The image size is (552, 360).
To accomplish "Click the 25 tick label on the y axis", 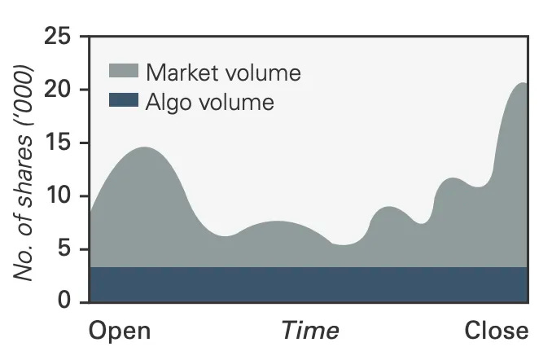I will tap(58, 37).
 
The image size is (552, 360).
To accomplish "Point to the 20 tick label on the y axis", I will tap(58, 90).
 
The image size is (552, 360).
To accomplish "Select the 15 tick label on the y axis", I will tap(59, 143).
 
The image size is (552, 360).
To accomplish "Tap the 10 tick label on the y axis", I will tap(59, 196).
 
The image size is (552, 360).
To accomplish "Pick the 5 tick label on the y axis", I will tap(66, 249).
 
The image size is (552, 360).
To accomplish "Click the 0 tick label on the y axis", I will tap(66, 302).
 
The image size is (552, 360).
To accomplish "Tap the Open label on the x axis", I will tap(119, 331).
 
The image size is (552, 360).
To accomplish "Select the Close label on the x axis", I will tap(497, 331).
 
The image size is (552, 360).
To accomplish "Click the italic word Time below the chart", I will tap(309, 331).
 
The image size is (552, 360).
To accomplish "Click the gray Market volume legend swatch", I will tap(124, 72).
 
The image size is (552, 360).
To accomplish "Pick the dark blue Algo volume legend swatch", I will tap(124, 103).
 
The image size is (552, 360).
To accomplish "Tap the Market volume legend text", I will tap(224, 72).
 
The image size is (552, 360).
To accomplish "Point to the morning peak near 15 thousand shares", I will tap(145, 148).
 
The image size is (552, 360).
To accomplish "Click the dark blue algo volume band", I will tap(309, 284).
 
